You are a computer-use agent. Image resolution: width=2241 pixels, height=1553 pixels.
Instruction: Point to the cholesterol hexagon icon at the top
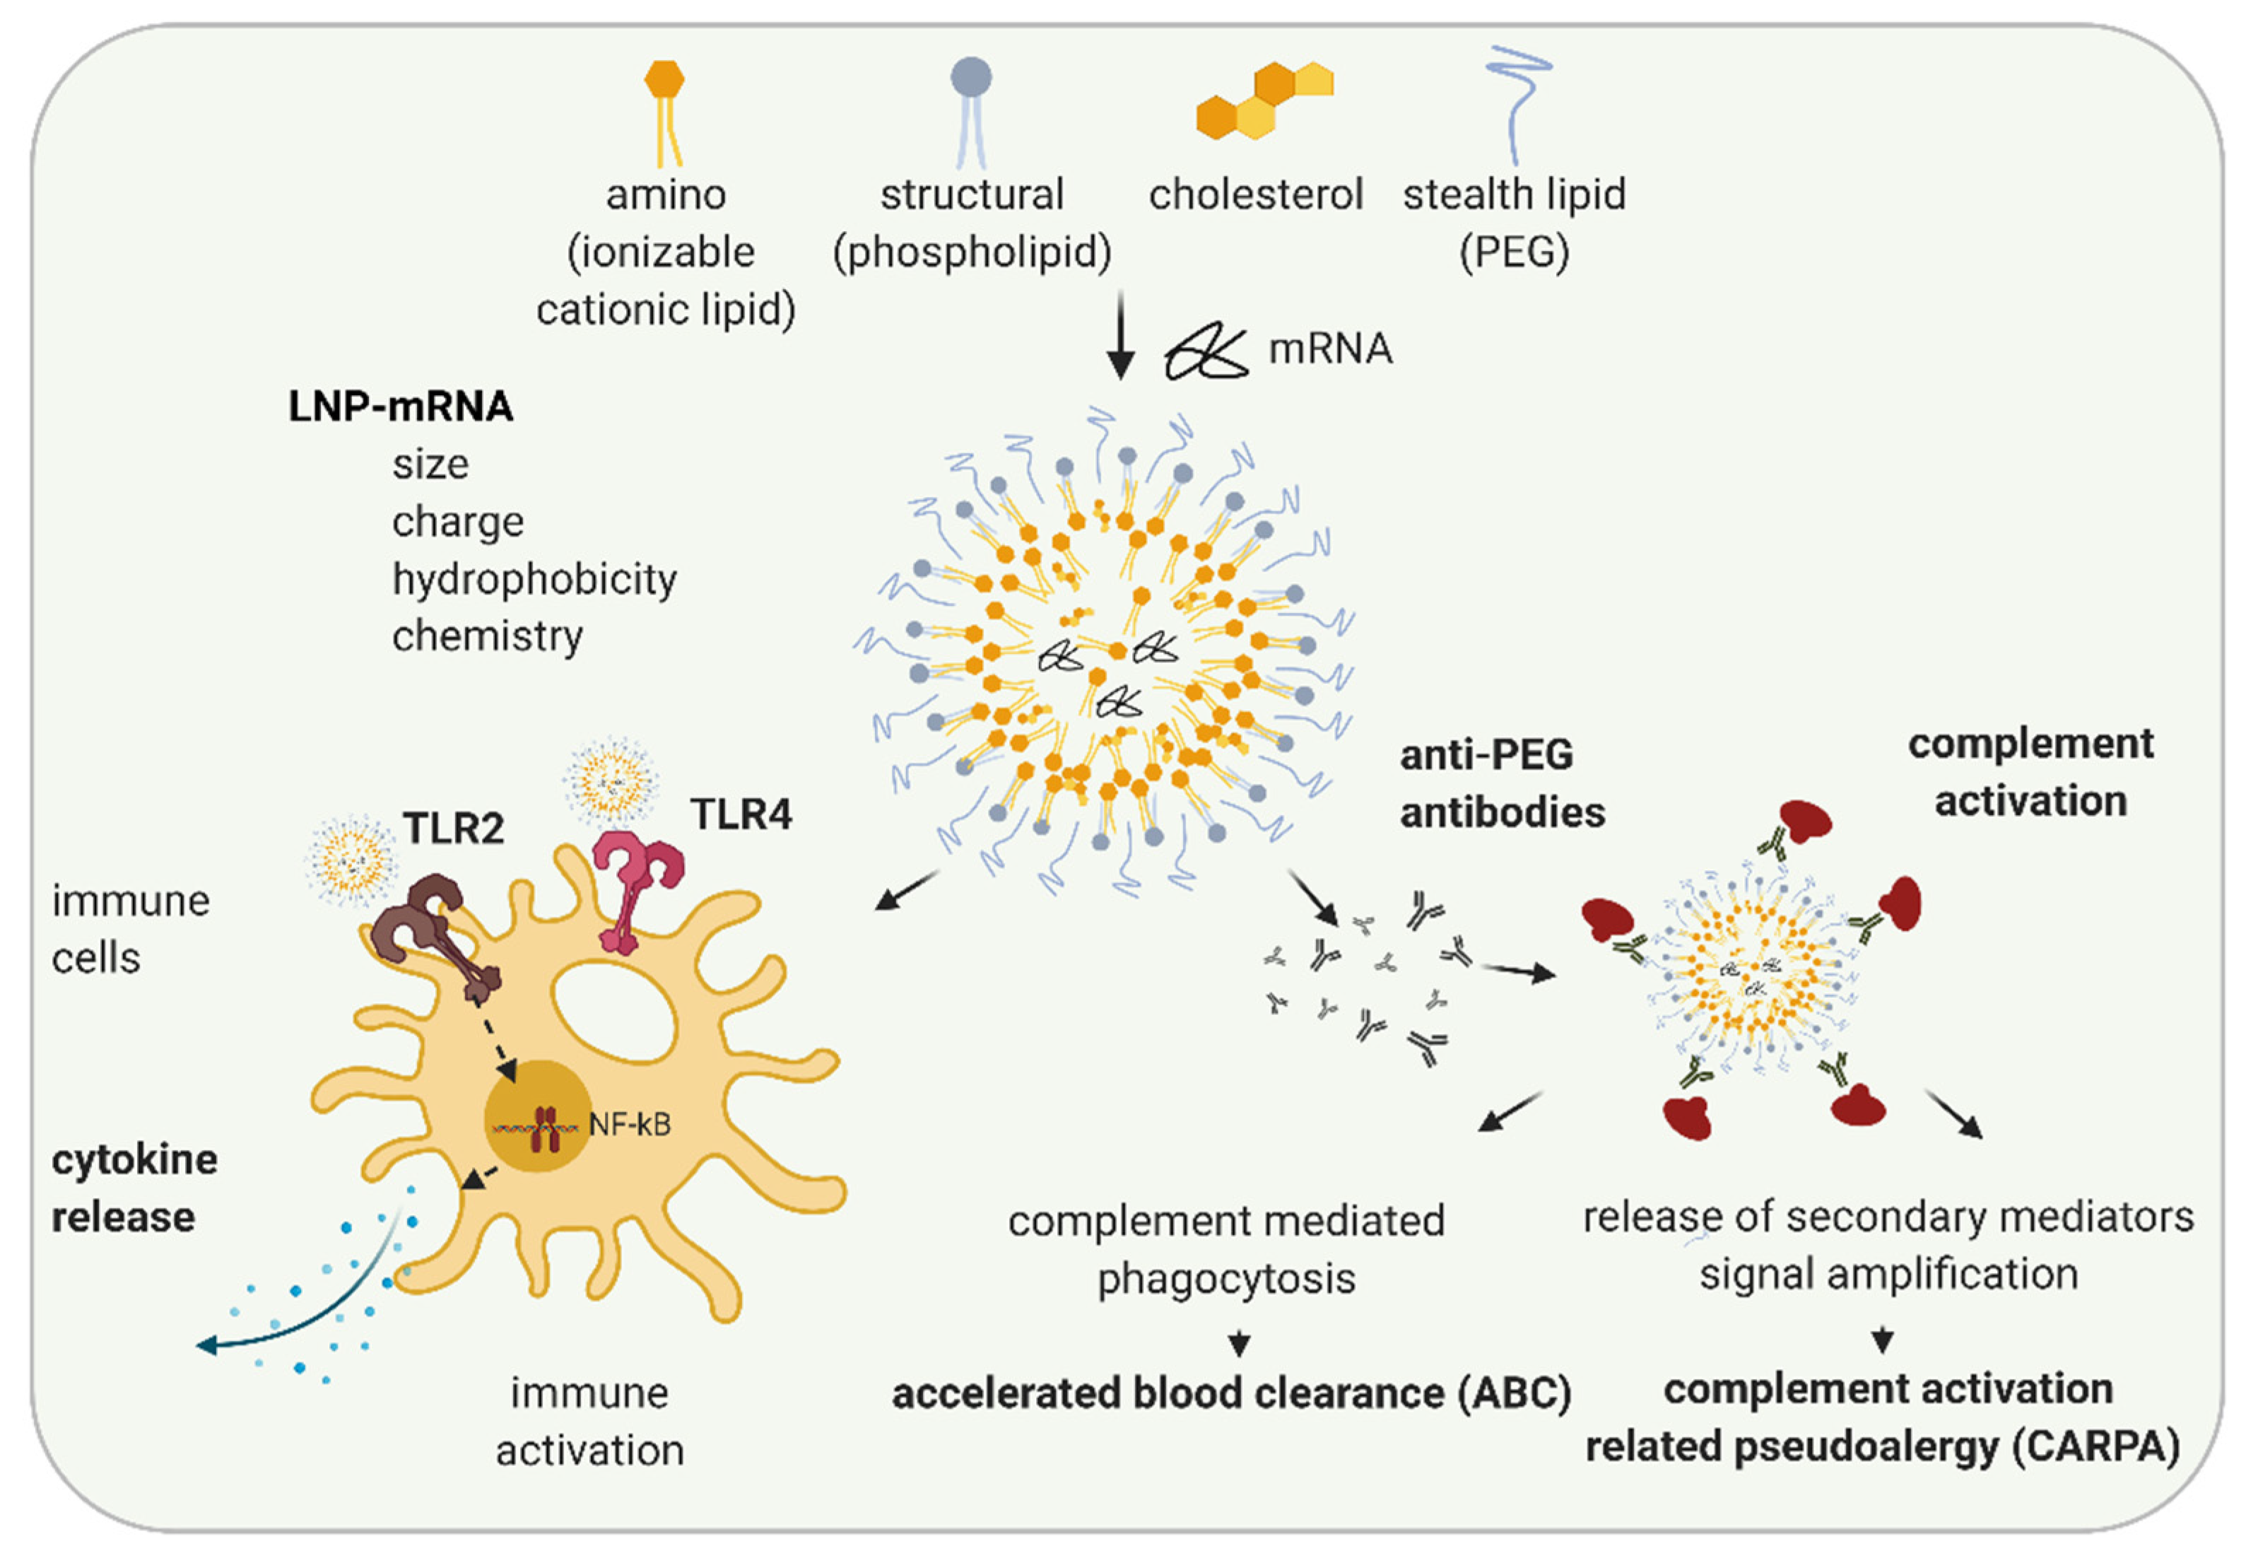point(1262,102)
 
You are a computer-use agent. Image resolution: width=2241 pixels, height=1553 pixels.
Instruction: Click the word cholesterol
point(1254,194)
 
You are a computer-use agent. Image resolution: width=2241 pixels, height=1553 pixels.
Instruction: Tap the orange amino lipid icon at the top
point(665,107)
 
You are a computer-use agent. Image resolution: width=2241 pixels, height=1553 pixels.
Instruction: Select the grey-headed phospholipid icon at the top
point(971,107)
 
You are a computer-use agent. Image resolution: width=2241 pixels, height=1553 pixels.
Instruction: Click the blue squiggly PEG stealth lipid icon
point(1515,102)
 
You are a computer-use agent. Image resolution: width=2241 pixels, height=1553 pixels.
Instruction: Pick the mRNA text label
point(1329,348)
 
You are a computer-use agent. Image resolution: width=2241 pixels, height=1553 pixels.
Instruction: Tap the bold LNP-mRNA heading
point(400,406)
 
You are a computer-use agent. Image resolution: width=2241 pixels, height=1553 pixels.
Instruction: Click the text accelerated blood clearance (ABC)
point(1231,1393)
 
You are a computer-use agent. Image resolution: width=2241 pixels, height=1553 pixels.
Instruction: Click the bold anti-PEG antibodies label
point(1501,783)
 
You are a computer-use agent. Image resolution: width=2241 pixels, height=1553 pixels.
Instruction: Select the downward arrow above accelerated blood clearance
point(1238,1343)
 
